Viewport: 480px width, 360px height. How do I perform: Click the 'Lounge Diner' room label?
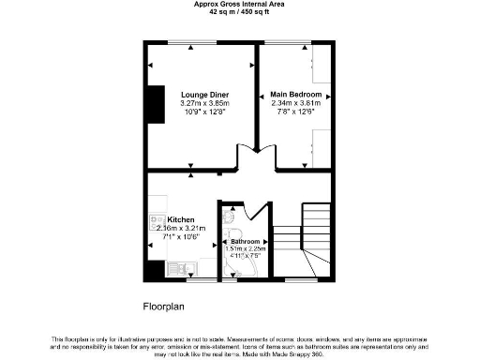point(205,96)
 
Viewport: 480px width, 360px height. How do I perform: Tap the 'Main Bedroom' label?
point(296,96)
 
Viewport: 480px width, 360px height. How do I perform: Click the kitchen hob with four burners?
point(156,223)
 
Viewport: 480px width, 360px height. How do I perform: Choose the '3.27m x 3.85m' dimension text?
point(205,103)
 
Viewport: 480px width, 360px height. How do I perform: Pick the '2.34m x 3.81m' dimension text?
point(296,103)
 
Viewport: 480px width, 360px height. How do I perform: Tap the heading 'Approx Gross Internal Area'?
point(238,4)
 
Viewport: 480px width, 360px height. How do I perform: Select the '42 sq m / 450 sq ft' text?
point(238,11)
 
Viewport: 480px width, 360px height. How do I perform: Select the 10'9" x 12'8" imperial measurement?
point(205,112)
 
